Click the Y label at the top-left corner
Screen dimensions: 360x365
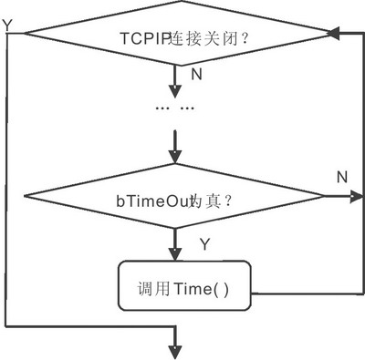[8, 26]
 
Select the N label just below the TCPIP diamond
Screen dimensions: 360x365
[195, 72]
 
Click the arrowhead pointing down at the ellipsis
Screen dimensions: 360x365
[175, 91]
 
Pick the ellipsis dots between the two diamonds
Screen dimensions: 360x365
[175, 108]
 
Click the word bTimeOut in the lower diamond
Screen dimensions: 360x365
[155, 208]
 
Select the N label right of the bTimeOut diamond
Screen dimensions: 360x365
[341, 175]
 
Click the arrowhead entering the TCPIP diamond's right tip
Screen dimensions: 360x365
[335, 34]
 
